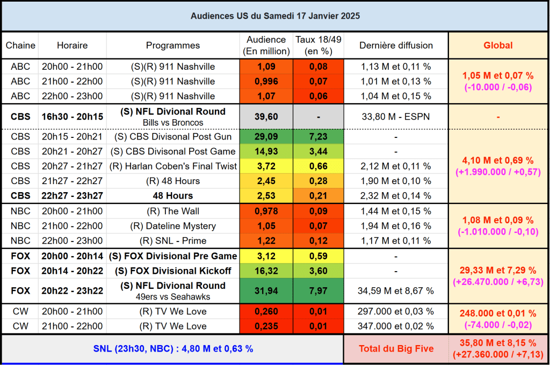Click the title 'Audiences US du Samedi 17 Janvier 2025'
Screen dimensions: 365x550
[x=275, y=16]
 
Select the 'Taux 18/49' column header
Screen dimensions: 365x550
[x=319, y=46]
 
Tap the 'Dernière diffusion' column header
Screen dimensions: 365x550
[x=396, y=46]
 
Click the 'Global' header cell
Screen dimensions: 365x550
[x=498, y=46]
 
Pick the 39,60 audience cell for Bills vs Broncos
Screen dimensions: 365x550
[x=267, y=116]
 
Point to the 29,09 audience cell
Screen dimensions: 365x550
[x=267, y=137]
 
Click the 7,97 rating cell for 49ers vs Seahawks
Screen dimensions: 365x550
[x=319, y=290]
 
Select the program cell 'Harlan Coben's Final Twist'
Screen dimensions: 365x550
[x=173, y=166]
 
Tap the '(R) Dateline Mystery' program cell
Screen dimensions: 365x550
[x=173, y=226]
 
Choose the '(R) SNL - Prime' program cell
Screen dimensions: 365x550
[x=173, y=241]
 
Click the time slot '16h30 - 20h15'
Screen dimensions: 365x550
[x=73, y=116]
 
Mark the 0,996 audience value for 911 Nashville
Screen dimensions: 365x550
[x=267, y=82]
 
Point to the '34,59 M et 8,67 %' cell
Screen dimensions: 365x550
[x=396, y=291]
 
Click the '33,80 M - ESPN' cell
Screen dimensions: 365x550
[x=396, y=116]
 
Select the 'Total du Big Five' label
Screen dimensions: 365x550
[x=396, y=349]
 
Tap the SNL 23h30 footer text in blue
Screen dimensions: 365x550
[x=172, y=349]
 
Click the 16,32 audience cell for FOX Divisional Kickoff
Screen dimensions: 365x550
[x=267, y=271]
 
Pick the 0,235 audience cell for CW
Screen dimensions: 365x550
[x=267, y=326]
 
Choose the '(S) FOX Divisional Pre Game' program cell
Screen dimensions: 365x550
[x=173, y=256]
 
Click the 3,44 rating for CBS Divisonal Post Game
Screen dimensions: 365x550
[x=319, y=151]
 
